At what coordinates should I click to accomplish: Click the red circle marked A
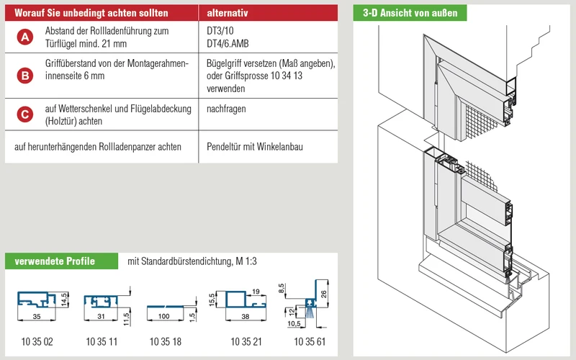pos(25,37)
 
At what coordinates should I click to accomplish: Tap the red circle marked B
pos(25,76)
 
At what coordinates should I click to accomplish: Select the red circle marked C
pos(25,114)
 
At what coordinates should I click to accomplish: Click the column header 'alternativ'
pos(228,13)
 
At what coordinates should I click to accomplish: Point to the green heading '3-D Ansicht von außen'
pos(410,13)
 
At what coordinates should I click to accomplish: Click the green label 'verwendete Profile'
pos(55,261)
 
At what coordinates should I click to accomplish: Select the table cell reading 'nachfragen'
pos(226,109)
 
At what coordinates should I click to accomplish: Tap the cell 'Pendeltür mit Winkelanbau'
pos(255,147)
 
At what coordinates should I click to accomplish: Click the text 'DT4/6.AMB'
pos(228,44)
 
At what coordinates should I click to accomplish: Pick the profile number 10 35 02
pos(37,341)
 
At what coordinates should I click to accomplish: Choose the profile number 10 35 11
pos(102,341)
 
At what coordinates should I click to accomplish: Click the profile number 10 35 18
pos(166,341)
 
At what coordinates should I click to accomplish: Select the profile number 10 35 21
pos(246,341)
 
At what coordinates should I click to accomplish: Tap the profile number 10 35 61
pos(310,341)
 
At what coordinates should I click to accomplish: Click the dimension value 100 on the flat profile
pos(164,316)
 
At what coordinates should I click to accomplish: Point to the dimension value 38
pos(246,316)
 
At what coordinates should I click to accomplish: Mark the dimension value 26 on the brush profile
pos(323,294)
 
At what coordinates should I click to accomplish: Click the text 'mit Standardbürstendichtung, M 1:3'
pos(192,261)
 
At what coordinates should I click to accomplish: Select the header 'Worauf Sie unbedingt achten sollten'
pos(91,13)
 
